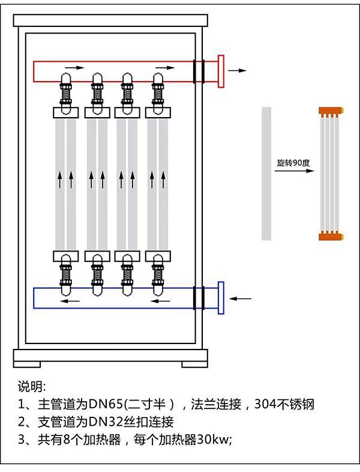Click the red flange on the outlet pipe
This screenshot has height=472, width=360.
coord(221,71)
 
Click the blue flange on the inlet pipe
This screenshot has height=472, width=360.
coord(221,297)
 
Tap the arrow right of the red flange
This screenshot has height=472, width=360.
coord(238,70)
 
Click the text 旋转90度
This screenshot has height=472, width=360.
coord(291,163)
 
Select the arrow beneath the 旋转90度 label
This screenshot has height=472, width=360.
coord(294,171)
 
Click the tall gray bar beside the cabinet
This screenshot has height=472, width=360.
coord(266,173)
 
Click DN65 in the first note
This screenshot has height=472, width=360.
coord(103,403)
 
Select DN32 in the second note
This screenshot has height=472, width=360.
coord(103,421)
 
